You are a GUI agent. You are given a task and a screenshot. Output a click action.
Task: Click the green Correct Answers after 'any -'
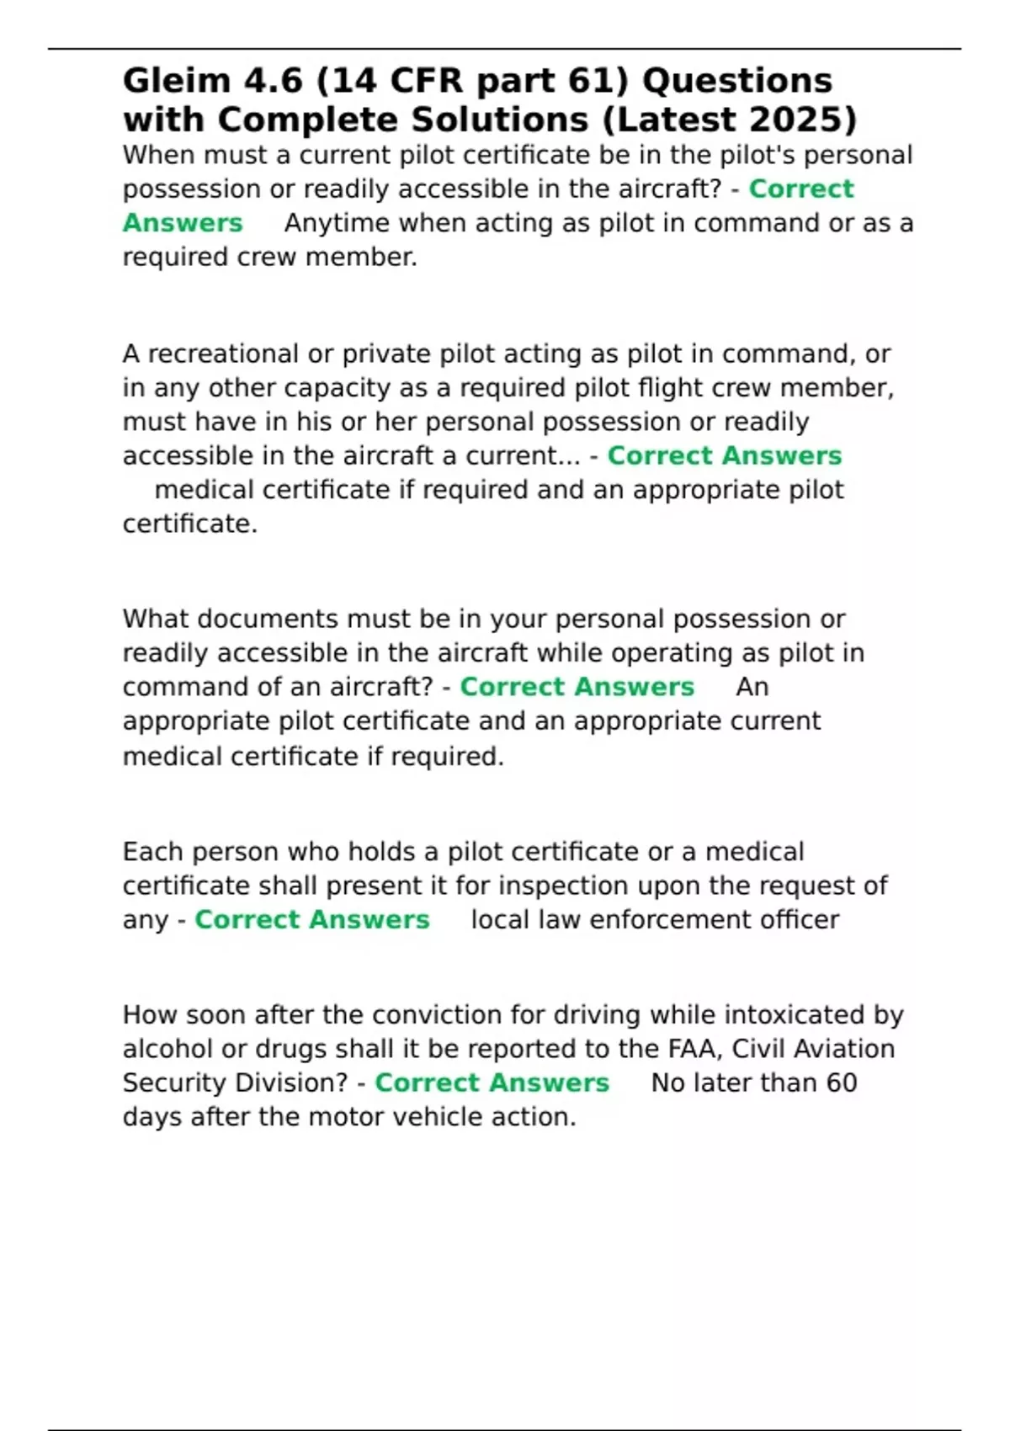coord(312,919)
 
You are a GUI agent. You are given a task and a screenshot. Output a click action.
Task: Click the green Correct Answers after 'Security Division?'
coord(492,1083)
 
